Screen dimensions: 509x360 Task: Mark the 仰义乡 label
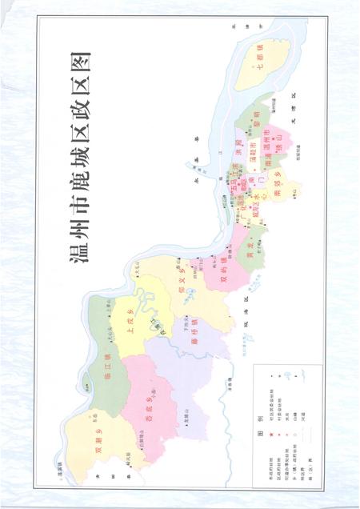pos(183,274)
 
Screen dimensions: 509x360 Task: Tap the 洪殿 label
pos(240,149)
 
